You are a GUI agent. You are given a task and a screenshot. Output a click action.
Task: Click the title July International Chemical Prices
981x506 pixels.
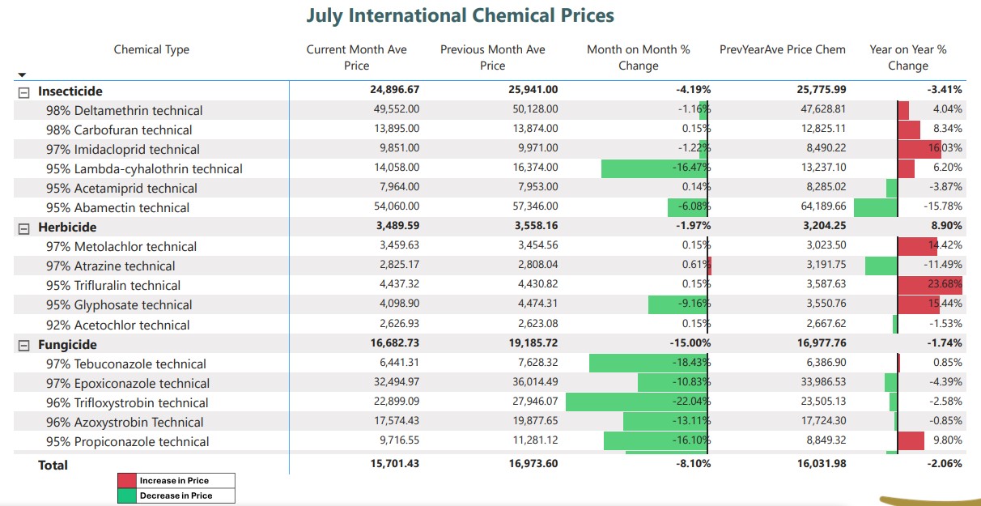(x=460, y=15)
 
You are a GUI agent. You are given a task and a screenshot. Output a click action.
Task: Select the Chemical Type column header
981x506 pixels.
(x=151, y=50)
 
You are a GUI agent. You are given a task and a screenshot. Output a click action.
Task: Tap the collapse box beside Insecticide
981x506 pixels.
(x=23, y=92)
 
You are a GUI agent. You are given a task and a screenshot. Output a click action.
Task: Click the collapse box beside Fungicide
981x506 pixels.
(x=23, y=346)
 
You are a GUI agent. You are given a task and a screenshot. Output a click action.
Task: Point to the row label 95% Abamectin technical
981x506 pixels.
(x=118, y=207)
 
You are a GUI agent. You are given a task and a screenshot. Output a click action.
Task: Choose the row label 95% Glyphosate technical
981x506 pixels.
(x=119, y=305)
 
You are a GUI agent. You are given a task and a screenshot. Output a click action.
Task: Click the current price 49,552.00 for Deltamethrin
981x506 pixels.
(x=397, y=109)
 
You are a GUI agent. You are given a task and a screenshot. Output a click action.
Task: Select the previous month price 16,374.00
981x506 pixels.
(x=535, y=168)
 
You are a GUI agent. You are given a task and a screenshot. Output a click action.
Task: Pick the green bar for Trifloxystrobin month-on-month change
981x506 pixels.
(x=636, y=402)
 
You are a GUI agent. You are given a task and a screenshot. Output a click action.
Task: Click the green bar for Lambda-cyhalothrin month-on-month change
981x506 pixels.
(x=654, y=168)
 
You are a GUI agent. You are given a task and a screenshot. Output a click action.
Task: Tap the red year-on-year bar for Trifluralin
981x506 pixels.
(x=930, y=285)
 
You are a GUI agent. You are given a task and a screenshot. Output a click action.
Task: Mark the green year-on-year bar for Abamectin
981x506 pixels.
(x=876, y=207)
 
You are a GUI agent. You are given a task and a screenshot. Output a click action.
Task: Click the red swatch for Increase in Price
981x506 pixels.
(x=127, y=481)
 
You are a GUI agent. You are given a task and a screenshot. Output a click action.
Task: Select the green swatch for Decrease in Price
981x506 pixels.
(x=127, y=495)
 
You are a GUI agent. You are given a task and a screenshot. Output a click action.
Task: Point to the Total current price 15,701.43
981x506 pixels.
(x=395, y=464)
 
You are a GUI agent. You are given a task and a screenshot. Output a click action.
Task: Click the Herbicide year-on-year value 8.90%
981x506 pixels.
(x=946, y=226)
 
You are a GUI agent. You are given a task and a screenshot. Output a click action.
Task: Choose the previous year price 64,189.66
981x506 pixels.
(x=823, y=206)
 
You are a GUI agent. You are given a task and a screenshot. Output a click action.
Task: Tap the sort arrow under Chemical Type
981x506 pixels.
(x=23, y=75)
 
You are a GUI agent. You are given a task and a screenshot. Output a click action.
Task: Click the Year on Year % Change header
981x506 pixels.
(x=908, y=57)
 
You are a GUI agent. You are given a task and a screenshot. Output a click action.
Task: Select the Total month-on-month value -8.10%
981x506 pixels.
(x=693, y=464)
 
